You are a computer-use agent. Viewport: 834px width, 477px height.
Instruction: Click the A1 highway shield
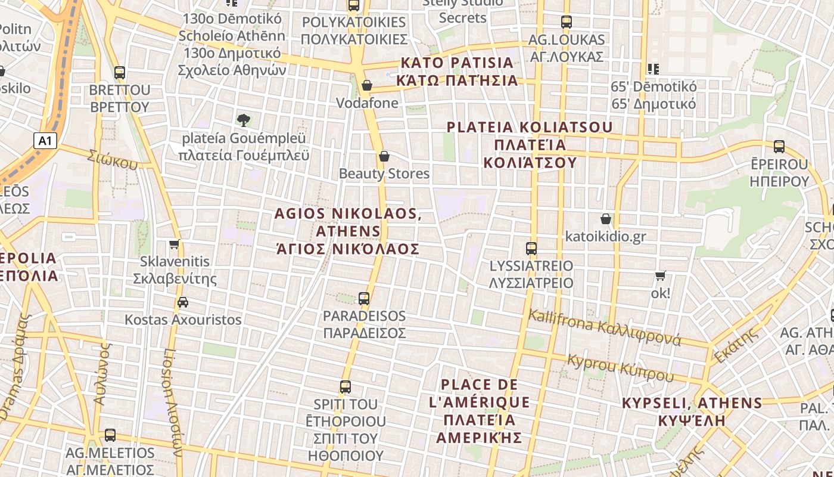45,141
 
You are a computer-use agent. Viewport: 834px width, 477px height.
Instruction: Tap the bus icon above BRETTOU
120,73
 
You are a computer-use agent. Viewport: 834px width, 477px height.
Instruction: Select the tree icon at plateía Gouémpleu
243,120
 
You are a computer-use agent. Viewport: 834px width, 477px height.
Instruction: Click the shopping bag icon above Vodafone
367,85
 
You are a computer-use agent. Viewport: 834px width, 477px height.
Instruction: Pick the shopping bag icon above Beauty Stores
384,156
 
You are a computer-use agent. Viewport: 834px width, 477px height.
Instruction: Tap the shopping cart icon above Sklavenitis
175,244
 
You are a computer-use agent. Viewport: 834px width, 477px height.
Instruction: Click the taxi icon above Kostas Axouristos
183,302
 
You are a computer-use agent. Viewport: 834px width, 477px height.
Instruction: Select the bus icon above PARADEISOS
364,299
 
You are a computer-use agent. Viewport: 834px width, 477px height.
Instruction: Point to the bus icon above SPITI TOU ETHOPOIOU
346,386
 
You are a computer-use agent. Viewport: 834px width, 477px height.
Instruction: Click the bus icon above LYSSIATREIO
531,249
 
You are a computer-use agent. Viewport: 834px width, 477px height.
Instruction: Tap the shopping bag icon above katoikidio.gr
606,219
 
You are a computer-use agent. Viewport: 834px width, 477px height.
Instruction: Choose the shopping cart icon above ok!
660,276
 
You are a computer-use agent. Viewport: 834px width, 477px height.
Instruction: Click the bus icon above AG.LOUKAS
567,22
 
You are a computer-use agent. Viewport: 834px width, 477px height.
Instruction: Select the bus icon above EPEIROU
779,147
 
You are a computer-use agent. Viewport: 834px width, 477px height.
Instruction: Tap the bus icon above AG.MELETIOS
110,435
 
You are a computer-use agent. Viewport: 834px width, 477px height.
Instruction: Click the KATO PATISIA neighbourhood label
458,71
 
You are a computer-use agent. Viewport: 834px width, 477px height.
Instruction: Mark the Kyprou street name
620,368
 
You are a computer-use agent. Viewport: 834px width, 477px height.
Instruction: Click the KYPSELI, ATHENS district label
692,411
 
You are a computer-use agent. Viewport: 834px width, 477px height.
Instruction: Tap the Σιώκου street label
112,159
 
